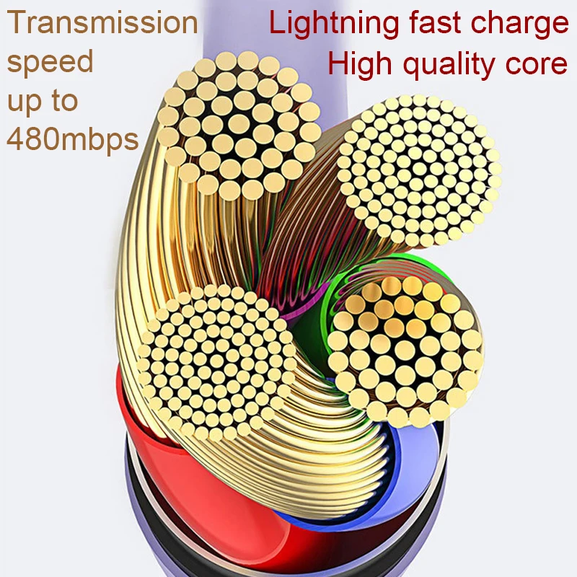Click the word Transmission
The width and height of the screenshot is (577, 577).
tap(102, 22)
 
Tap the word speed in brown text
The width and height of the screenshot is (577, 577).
tap(50, 62)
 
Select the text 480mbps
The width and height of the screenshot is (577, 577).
tap(72, 138)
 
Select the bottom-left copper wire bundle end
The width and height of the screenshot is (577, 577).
tap(216, 361)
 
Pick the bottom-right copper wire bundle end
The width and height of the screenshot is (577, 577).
tap(405, 350)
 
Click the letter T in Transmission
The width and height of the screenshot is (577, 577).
tap(17, 22)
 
